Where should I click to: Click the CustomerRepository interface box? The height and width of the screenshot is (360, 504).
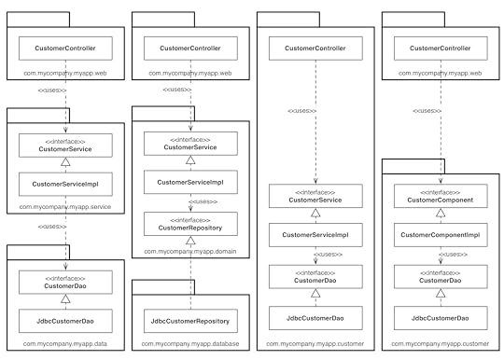[189, 223]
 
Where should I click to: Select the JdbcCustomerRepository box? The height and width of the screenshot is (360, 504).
[189, 322]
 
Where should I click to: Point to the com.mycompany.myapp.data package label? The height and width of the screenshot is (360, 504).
[64, 344]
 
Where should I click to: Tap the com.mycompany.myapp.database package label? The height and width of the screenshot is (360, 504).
[189, 344]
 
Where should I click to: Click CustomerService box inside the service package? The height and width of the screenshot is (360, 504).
[64, 145]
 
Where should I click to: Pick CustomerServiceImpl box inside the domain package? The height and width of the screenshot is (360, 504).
[189, 183]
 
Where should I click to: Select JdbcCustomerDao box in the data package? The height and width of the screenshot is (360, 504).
[64, 322]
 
